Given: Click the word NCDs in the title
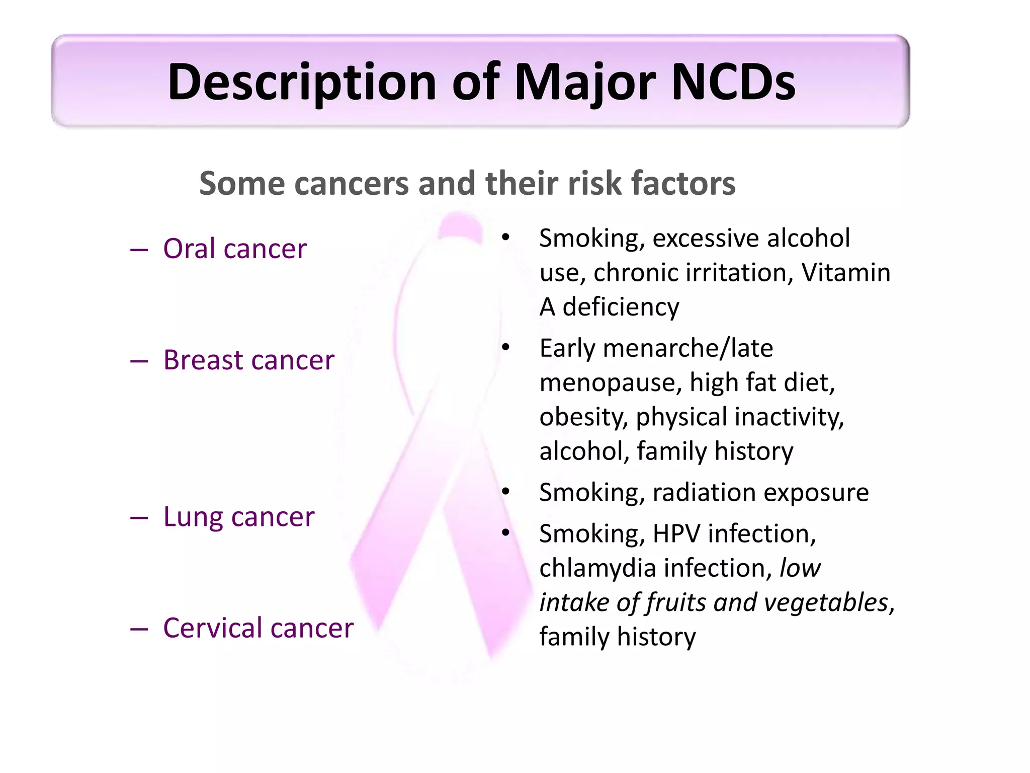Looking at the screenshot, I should (x=733, y=82).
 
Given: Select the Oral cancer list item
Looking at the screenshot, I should (x=234, y=249).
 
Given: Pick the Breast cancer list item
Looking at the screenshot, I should (x=248, y=360).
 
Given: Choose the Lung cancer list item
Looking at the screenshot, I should (x=238, y=517).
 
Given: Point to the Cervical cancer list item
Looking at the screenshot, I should (x=258, y=628).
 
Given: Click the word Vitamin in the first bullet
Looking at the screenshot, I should (x=845, y=273).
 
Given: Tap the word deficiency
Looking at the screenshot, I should (x=621, y=307).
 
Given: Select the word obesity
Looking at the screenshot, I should (x=583, y=417).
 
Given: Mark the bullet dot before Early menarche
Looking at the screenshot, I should (x=505, y=347).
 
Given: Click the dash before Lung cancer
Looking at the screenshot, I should (x=139, y=518).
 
